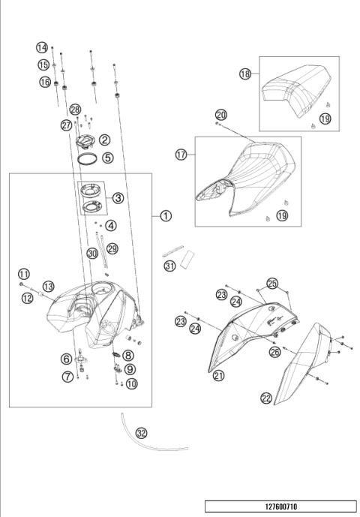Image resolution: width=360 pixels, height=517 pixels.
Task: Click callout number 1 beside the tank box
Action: (x=166, y=215)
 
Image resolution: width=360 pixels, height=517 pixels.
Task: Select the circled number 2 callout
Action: (x=105, y=140)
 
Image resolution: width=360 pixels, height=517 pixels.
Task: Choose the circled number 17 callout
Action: (x=181, y=155)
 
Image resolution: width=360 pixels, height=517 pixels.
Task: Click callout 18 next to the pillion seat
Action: (x=245, y=74)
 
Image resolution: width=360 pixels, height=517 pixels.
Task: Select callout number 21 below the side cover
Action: (x=218, y=375)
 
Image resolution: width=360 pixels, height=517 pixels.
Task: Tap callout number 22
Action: (x=266, y=398)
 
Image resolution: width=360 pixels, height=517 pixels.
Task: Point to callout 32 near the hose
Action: (x=142, y=433)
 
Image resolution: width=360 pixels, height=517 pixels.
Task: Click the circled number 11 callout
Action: (x=24, y=273)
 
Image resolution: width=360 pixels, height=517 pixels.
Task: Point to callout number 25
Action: (x=271, y=284)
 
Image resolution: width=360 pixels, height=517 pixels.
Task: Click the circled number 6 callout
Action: (x=67, y=359)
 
